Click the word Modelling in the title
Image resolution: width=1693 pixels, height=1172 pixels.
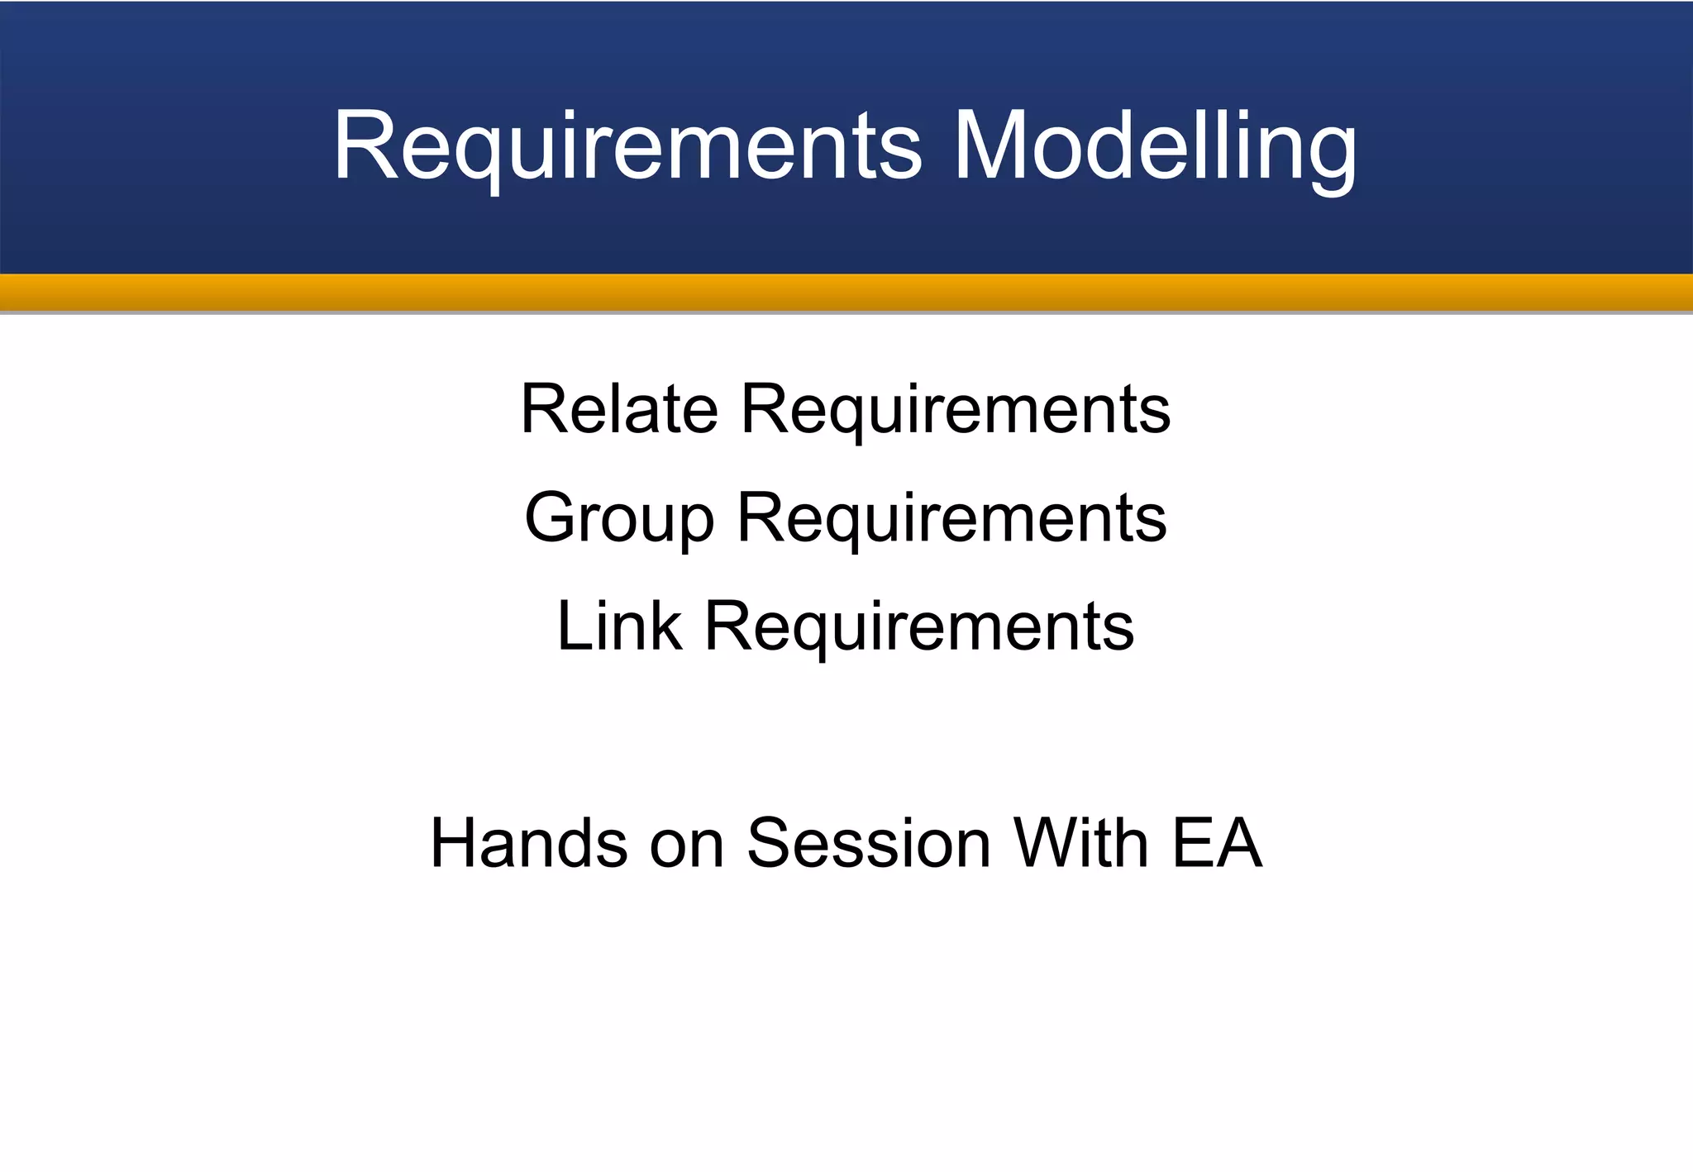click(1155, 147)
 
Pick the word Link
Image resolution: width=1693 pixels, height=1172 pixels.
click(620, 626)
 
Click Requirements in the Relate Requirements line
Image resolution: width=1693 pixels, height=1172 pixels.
click(955, 410)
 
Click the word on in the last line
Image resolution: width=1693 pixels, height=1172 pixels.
click(687, 845)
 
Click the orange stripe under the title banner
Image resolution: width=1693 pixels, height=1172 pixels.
click(846, 292)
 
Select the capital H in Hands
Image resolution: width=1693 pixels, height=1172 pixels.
click(455, 843)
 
